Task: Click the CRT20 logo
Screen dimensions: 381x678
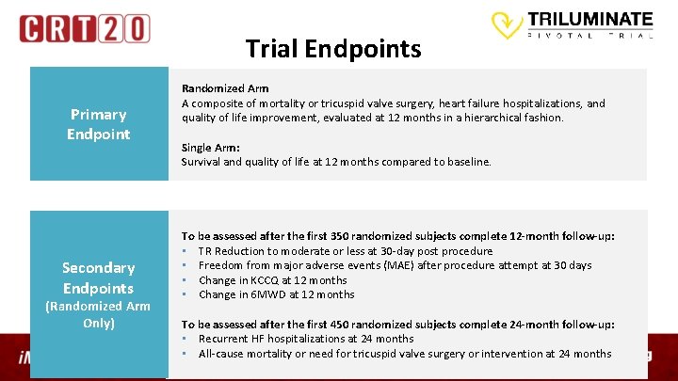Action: [84, 28]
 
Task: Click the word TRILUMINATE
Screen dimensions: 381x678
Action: [589, 18]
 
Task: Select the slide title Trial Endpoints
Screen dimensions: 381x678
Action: [333, 48]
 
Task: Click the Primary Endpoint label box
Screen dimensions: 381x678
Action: [98, 124]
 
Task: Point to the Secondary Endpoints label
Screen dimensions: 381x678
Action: [98, 278]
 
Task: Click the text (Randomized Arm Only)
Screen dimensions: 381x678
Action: [98, 314]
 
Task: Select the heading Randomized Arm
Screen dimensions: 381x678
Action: [225, 88]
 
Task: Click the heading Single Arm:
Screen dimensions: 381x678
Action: [210, 148]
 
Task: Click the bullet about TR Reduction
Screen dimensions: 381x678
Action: [346, 251]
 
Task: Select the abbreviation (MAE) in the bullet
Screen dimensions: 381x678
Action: [409, 265]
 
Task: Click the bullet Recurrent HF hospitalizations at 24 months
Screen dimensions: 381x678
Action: [306, 339]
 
